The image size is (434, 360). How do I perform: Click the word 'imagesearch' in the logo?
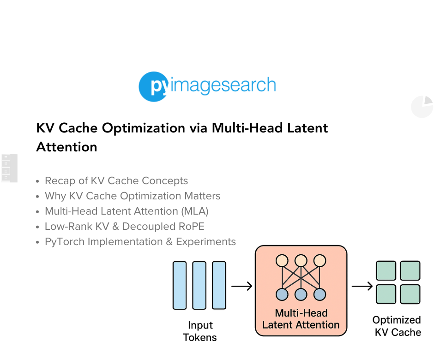[223, 85]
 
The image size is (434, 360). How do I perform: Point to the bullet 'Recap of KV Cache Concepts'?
[116, 181]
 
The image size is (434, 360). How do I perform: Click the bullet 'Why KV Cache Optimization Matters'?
[133, 196]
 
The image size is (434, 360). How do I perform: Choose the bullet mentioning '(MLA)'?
[127, 211]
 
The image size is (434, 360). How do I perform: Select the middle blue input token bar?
[199, 285]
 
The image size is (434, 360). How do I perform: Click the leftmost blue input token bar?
[180, 285]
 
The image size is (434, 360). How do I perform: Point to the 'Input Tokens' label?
[199, 331]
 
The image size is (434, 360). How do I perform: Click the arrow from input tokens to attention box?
[241, 287]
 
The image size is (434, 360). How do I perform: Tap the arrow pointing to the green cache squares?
[362, 287]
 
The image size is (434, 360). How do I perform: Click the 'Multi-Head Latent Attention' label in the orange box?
[301, 319]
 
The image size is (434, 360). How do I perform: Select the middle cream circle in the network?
[301, 261]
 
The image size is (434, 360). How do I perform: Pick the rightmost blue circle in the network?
[319, 294]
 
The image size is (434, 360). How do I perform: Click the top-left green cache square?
[386, 271]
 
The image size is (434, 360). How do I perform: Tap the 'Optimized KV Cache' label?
[397, 326]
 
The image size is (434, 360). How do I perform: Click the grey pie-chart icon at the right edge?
[422, 107]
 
